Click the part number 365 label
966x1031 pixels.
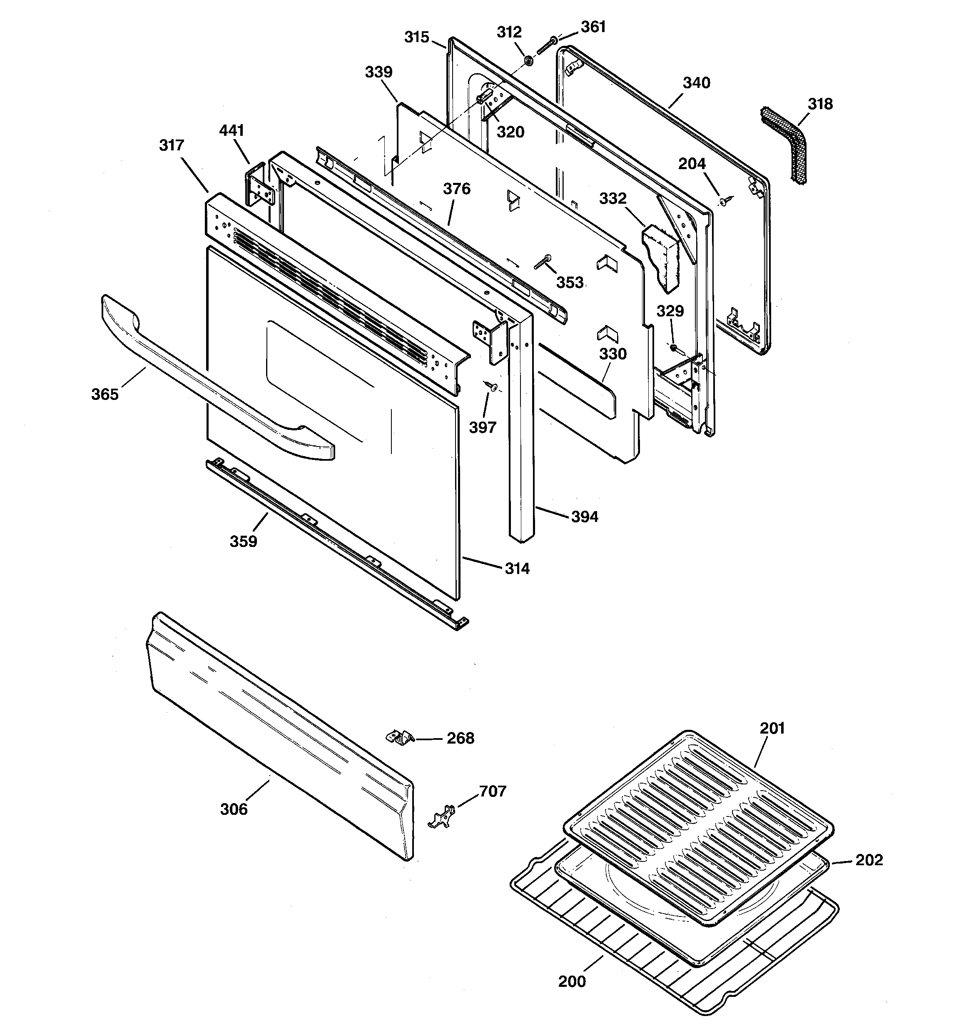(x=105, y=394)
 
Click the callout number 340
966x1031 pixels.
(x=696, y=83)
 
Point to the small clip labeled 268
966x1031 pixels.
(x=400, y=737)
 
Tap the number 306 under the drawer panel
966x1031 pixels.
(x=234, y=809)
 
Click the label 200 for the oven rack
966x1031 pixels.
(x=572, y=982)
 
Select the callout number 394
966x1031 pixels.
(x=584, y=517)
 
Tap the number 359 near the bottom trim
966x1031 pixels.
(x=243, y=542)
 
